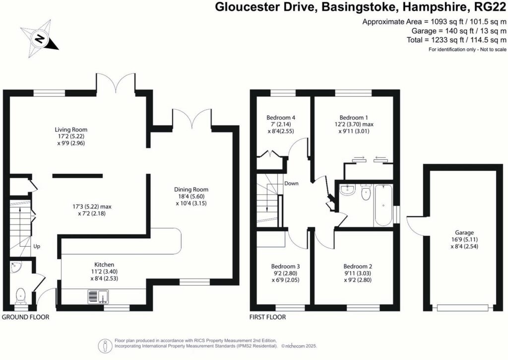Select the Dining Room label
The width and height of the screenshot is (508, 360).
pos(191,189)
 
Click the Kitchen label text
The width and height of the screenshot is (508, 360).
pos(104,265)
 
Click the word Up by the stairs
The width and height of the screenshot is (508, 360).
pos(37,246)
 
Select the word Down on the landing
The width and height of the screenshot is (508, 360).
pos(291,183)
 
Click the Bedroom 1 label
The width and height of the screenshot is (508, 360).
pos(354,116)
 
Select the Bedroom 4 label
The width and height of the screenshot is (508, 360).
pos(277,117)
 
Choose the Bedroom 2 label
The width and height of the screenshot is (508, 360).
pos(354,266)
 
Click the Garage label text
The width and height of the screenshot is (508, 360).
pos(464,232)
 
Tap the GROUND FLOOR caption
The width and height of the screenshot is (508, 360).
pos(26,317)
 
